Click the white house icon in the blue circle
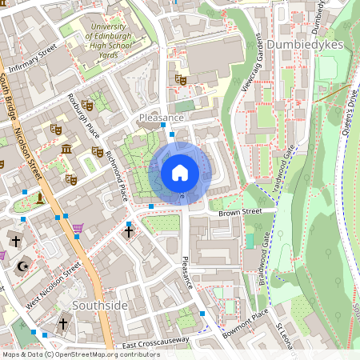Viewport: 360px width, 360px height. (180, 173)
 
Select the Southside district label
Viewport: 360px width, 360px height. (100, 306)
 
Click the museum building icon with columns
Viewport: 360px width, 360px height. (66, 149)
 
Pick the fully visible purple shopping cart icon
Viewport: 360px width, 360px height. (78, 229)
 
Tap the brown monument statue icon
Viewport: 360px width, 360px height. (38, 196)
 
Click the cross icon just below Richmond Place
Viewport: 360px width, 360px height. (128, 232)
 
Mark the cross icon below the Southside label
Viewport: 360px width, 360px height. (63, 325)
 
